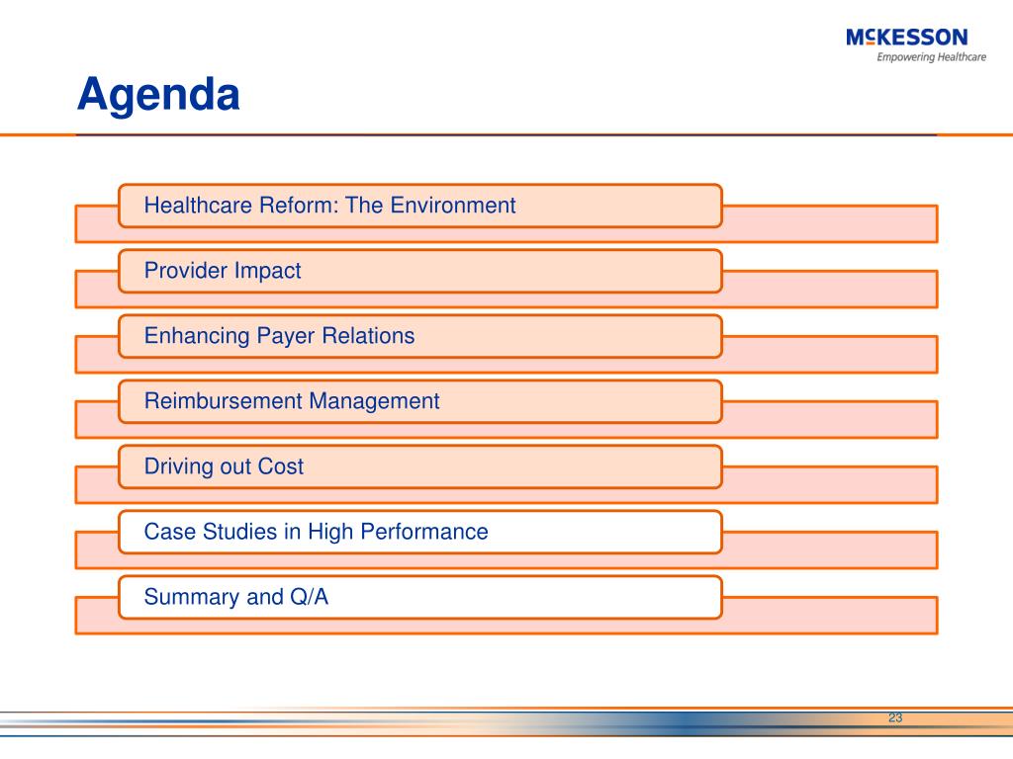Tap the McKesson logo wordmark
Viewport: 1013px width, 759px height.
(907, 38)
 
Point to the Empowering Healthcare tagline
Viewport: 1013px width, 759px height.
(932, 57)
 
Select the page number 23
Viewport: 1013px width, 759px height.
(894, 717)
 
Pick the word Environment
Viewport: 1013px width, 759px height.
(453, 206)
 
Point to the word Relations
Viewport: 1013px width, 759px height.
(368, 336)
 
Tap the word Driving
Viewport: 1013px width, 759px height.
(178, 466)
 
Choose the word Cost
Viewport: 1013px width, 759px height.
(280, 466)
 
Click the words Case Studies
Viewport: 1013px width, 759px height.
(211, 531)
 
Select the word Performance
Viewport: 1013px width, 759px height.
(424, 531)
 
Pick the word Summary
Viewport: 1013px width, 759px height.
(192, 597)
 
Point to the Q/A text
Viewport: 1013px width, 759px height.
(310, 596)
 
